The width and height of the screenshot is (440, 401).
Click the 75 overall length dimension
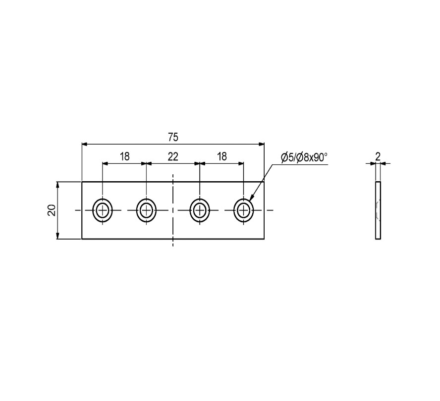tap(173, 138)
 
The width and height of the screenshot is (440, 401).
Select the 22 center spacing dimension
tap(173, 156)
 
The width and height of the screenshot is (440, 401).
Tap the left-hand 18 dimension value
tap(124, 156)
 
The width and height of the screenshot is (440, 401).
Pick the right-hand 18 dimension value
tap(221, 156)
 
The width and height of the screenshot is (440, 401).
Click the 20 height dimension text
tap(52, 210)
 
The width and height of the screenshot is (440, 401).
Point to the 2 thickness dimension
tap(378, 156)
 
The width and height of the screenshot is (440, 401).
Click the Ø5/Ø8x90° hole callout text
tap(304, 157)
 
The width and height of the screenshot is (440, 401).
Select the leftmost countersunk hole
tap(103, 210)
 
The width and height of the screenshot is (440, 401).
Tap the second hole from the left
tap(146, 210)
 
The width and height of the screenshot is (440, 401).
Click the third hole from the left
tap(199, 210)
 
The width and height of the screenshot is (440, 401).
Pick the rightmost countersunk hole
tap(244, 210)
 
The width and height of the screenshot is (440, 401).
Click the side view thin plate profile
tap(378, 210)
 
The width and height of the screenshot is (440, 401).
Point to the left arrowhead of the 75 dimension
tap(85, 144)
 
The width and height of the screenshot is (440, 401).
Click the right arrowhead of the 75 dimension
tap(261, 144)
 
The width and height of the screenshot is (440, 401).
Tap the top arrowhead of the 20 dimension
tap(57, 185)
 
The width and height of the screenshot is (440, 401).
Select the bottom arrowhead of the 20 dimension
tap(57, 236)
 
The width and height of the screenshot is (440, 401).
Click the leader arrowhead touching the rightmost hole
tap(251, 198)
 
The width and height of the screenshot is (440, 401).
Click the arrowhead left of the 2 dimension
tap(373, 163)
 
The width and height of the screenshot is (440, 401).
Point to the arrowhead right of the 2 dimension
tap(384, 163)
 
